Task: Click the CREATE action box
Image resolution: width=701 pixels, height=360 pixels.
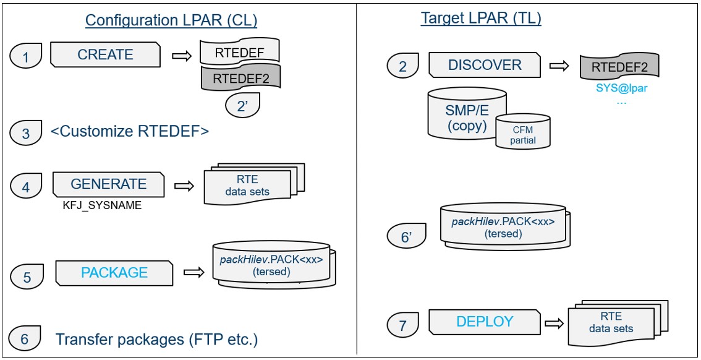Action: [104, 54]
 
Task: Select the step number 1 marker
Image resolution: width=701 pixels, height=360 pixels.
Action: [26, 56]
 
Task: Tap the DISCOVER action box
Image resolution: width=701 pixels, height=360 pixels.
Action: [484, 65]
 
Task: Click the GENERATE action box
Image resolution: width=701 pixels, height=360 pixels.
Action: [108, 184]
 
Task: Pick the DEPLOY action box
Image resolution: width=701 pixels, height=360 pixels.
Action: [484, 322]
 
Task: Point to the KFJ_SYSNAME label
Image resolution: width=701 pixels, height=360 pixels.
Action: [101, 206]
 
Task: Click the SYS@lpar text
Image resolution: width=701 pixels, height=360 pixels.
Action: [621, 88]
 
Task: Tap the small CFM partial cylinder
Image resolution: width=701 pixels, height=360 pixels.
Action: [523, 132]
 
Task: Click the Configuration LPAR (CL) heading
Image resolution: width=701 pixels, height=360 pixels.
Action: [171, 20]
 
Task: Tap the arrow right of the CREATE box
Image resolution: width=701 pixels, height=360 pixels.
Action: [180, 56]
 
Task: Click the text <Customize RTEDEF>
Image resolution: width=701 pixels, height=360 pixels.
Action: [130, 132]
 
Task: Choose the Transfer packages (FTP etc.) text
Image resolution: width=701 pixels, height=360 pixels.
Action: [156, 339]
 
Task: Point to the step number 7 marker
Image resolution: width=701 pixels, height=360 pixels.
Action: [403, 324]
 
